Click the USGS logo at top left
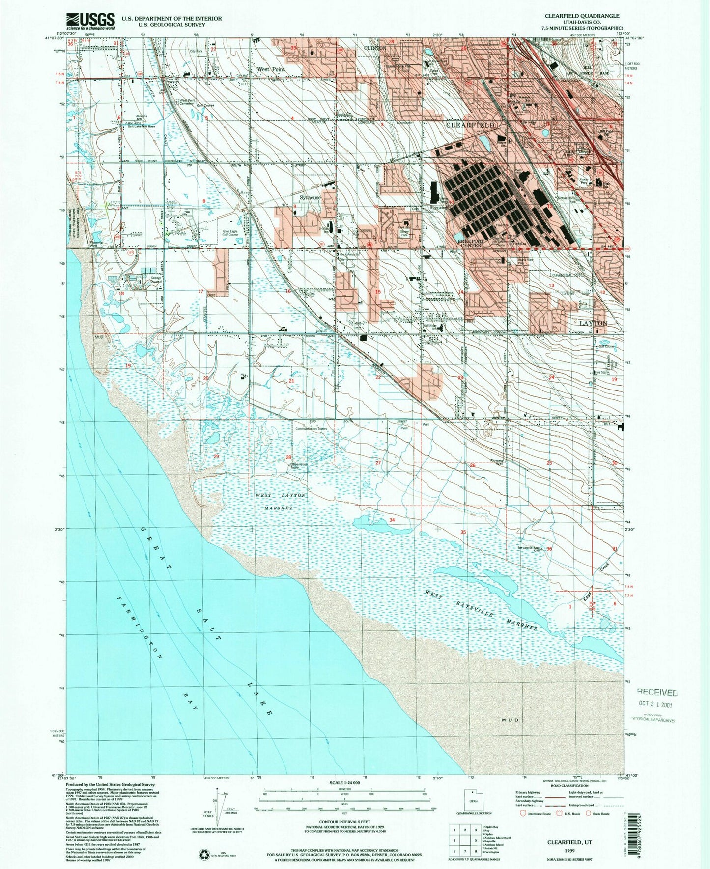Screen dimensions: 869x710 tap(90, 21)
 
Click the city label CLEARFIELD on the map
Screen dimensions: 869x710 tap(470, 125)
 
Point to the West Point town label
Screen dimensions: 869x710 tap(271, 70)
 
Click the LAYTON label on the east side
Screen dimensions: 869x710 tap(593, 323)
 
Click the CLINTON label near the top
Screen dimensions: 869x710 tap(375, 48)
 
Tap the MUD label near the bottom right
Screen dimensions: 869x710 tap(510, 720)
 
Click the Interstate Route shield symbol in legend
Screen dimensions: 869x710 tap(523, 813)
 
